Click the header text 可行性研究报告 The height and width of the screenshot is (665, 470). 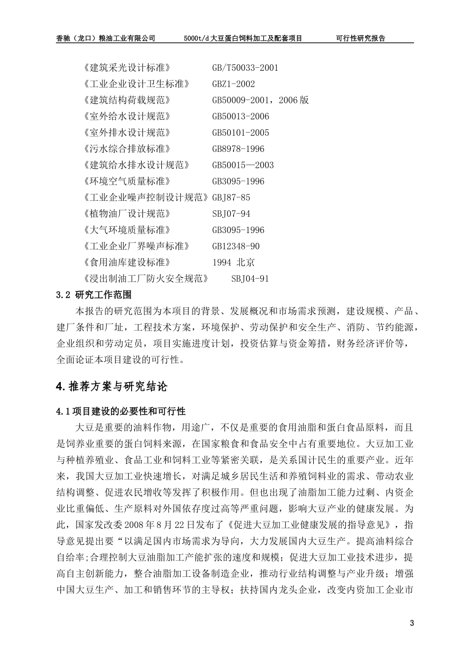tap(360, 38)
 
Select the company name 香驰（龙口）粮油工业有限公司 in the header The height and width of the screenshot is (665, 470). tap(106, 38)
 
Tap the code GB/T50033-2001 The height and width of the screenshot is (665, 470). tap(245, 68)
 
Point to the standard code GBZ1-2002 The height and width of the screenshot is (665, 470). tap(234, 84)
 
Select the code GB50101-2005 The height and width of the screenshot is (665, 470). tap(240, 133)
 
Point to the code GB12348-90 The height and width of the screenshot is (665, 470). tap(235, 246)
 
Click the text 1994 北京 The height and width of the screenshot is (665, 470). tap(234, 263)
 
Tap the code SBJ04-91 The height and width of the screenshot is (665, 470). tap(250, 279)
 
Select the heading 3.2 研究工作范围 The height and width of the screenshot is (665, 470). tap(94, 295)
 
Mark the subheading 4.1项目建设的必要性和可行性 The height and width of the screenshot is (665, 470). tap(121, 412)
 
